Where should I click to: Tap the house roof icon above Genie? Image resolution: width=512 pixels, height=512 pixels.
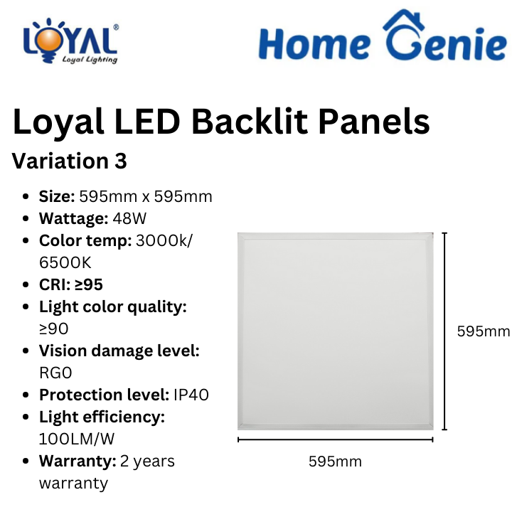404,20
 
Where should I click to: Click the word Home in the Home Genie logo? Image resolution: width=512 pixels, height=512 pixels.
314,43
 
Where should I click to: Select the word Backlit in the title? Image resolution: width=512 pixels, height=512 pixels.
250,121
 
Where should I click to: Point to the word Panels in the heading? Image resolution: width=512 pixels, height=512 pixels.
374,121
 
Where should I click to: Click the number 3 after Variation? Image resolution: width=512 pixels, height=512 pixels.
121,161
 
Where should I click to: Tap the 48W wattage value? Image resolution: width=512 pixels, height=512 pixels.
129,218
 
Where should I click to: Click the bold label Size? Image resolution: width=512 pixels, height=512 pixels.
57,196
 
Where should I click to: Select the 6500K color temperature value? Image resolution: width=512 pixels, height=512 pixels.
65,262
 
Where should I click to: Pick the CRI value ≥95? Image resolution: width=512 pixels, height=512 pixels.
89,284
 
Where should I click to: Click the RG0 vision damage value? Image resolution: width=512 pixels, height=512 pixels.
55,373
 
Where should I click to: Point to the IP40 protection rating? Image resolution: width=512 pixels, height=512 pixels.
191,395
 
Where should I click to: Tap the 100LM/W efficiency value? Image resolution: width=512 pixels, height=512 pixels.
77,439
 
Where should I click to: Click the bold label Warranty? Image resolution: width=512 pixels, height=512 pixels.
78,461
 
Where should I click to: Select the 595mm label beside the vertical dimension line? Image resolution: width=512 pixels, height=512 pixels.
484,331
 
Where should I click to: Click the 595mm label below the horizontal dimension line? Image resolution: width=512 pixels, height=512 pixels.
336,462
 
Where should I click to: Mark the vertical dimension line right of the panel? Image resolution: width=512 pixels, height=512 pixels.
444,331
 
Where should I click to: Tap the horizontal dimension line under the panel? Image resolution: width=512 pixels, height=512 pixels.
336,440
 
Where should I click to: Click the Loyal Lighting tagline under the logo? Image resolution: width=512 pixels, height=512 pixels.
90,60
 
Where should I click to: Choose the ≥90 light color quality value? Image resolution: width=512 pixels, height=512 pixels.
54,329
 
